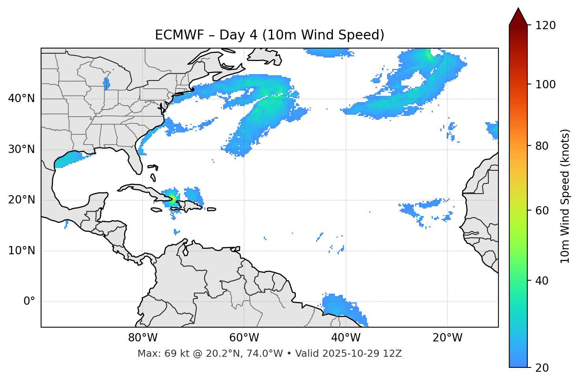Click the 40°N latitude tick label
pyautogui.click(x=21, y=99)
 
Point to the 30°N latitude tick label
pyautogui.click(x=21, y=149)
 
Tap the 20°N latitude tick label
pyautogui.click(x=21, y=200)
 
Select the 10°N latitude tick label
pyautogui.click(x=21, y=251)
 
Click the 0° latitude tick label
pyautogui.click(x=29, y=302)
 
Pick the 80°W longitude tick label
pyautogui.click(x=143, y=338)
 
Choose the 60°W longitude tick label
pyautogui.click(x=244, y=338)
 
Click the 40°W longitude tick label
pyautogui.click(x=346, y=338)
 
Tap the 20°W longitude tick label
pyautogui.click(x=447, y=338)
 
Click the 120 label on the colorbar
pyautogui.click(x=545, y=26)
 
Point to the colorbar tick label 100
pyautogui.click(x=545, y=84)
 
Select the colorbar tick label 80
pyautogui.click(x=542, y=146)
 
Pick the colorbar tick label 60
pyautogui.click(x=542, y=211)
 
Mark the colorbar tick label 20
pyautogui.click(x=542, y=368)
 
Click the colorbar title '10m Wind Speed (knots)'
pyautogui.click(x=565, y=196)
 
